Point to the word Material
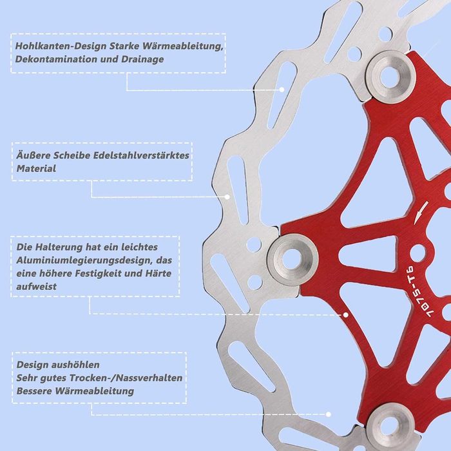36,169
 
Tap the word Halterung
59,247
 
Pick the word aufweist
36,287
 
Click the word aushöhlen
75,365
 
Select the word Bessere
34,391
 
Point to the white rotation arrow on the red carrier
421,213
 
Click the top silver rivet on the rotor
390,76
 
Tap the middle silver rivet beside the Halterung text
293,259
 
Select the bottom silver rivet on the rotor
390,428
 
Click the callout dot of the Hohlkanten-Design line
282,90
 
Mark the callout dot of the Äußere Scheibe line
227,197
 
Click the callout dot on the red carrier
346,314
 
